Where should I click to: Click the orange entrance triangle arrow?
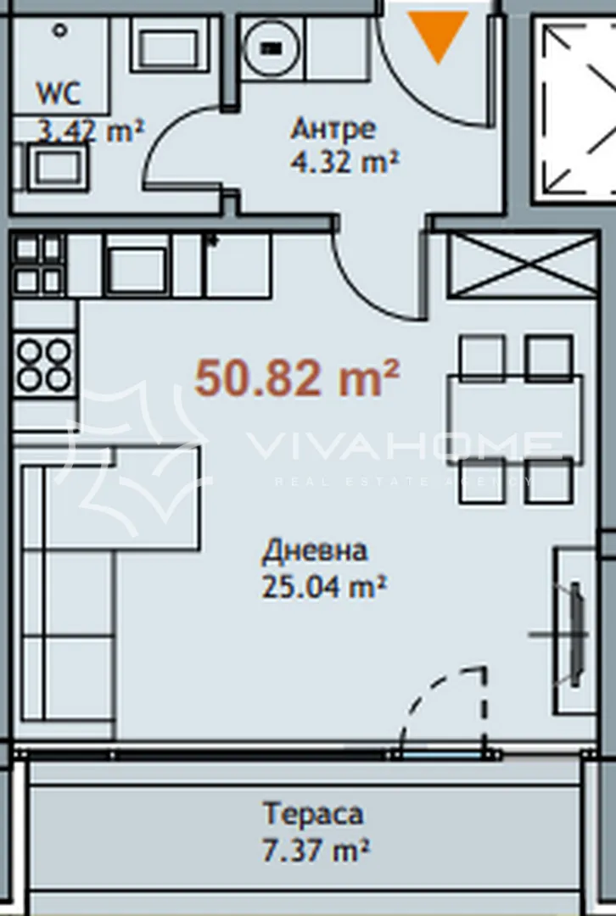point(439,34)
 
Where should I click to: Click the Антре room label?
point(333,130)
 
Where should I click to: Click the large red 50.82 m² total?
point(297,378)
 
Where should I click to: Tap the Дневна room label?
point(314,551)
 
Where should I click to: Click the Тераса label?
point(313,814)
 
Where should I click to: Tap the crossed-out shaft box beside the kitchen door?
point(523,265)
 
